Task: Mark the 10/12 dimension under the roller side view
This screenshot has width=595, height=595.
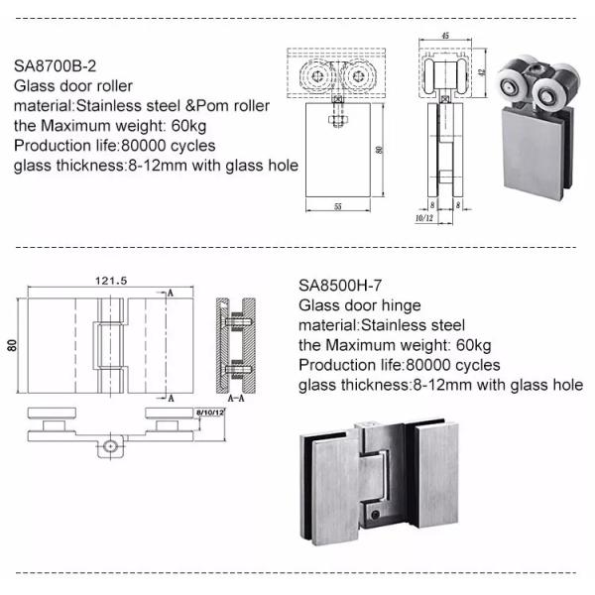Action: pos(423,216)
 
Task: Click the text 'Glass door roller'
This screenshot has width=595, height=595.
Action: pos(74,86)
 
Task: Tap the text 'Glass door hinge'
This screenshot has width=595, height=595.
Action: pos(361,304)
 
